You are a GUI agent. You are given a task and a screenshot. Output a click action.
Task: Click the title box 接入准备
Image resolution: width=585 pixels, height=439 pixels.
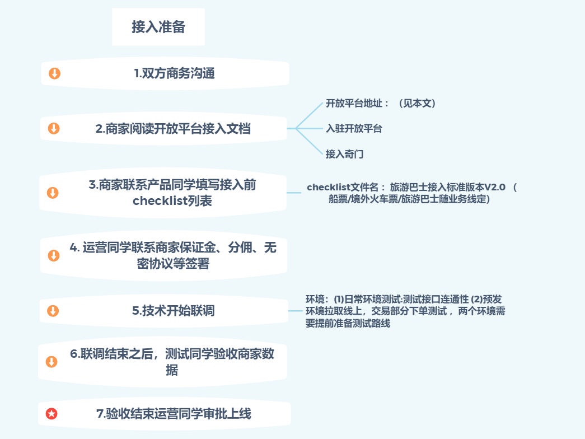pyautogui.click(x=158, y=27)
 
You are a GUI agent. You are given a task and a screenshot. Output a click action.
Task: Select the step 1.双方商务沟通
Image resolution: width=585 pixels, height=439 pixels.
pyautogui.click(x=174, y=73)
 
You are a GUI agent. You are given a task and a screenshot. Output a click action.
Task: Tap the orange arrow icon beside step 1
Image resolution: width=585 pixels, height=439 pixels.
pyautogui.click(x=54, y=73)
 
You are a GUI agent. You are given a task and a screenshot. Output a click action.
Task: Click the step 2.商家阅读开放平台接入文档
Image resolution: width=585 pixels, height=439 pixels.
pyautogui.click(x=173, y=129)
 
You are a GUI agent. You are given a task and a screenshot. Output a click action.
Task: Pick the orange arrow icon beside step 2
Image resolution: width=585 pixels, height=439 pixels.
pyautogui.click(x=54, y=129)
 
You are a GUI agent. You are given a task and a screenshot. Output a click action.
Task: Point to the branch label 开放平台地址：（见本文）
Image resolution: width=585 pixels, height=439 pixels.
pyautogui.click(x=381, y=104)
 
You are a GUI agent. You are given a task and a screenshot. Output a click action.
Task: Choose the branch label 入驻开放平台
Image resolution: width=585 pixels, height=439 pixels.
pyautogui.click(x=354, y=129)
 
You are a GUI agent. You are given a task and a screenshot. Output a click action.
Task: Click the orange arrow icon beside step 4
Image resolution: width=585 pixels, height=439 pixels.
pyautogui.click(x=53, y=255)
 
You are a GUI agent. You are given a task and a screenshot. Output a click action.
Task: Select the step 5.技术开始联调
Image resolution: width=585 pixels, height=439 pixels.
pyautogui.click(x=174, y=311)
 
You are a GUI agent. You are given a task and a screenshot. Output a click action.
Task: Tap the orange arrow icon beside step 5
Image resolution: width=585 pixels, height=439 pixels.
pyautogui.click(x=53, y=311)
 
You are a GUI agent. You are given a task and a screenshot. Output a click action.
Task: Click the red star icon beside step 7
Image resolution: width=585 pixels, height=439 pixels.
pyautogui.click(x=52, y=414)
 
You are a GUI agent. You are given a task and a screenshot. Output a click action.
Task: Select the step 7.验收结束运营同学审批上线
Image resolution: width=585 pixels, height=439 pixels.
pyautogui.click(x=174, y=414)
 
